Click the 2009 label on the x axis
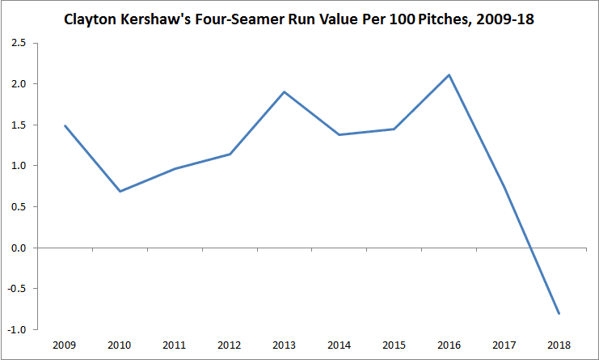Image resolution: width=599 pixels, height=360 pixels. (x=64, y=345)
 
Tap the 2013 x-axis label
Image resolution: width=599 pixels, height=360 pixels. (x=284, y=345)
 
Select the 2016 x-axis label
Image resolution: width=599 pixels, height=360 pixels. (x=449, y=345)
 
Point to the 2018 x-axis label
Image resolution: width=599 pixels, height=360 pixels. (x=559, y=345)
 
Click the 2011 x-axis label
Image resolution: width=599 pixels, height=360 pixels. (x=174, y=345)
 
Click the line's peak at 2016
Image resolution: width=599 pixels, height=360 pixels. (x=449, y=75)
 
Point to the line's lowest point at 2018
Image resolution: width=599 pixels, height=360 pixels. (x=559, y=313)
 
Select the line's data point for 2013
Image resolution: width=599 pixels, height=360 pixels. (x=284, y=91)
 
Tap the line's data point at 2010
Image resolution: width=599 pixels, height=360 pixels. (x=119, y=191)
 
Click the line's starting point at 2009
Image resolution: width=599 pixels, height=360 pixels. (x=64, y=125)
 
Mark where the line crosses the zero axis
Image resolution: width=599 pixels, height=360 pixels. (x=529, y=248)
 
